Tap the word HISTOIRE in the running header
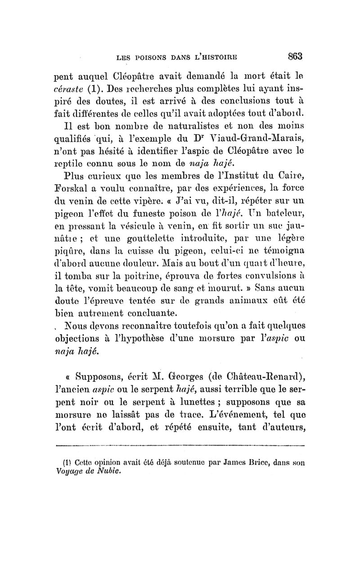(x=216, y=58)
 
